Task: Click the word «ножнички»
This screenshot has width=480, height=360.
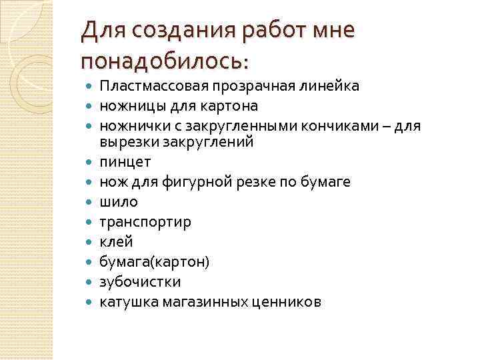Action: [x=129, y=124]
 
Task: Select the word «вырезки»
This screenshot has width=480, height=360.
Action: [x=124, y=141]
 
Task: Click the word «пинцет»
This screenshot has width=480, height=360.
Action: [x=125, y=162]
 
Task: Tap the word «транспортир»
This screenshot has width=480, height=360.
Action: [x=145, y=222]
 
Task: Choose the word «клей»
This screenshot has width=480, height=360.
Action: [x=116, y=241]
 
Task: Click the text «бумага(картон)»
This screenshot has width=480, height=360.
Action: [x=154, y=261]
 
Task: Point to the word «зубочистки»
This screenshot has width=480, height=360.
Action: [x=139, y=281]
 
